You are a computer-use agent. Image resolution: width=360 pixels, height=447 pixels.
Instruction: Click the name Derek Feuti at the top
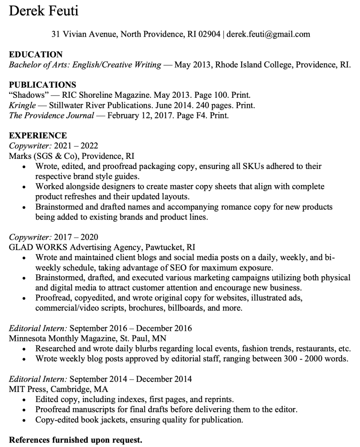pos(44,10)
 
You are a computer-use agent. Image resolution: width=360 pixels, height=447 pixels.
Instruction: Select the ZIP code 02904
pos(209,34)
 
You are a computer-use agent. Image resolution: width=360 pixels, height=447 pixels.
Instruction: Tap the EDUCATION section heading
pos(36,55)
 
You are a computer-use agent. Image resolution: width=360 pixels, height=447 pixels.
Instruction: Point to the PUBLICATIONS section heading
pos(42,85)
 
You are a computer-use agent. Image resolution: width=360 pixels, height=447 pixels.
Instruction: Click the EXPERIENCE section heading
pos(38,135)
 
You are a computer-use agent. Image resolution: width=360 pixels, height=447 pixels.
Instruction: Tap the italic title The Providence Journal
pos(52,116)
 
